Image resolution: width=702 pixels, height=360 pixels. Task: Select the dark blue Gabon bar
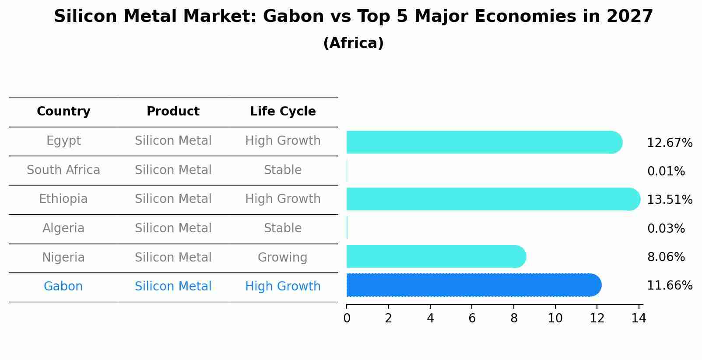coord(473,285)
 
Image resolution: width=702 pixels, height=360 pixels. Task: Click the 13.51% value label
coord(669,200)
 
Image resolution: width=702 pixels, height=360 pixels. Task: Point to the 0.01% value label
coord(666,171)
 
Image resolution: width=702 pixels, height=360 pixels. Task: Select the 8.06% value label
coord(666,257)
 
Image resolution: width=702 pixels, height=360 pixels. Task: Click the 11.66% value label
coord(669,286)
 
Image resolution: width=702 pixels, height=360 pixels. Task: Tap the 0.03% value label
coord(666,229)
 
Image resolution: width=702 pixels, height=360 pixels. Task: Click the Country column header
coord(63,112)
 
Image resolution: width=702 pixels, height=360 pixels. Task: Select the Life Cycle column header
coord(283,112)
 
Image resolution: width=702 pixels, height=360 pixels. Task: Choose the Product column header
coord(173,112)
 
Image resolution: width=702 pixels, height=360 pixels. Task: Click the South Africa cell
coord(63,170)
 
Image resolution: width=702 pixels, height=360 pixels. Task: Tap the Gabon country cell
coord(63,287)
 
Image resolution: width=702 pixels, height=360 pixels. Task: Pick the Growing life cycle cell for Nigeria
coord(282,258)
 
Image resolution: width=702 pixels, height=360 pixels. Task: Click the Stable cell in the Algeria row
coord(282,228)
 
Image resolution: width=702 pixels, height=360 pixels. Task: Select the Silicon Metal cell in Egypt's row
coord(173,141)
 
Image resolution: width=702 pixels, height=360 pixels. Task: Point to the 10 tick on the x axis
coord(555,318)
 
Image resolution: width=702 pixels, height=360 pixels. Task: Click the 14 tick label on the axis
coord(639,318)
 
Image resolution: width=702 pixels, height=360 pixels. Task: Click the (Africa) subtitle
coord(353,43)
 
